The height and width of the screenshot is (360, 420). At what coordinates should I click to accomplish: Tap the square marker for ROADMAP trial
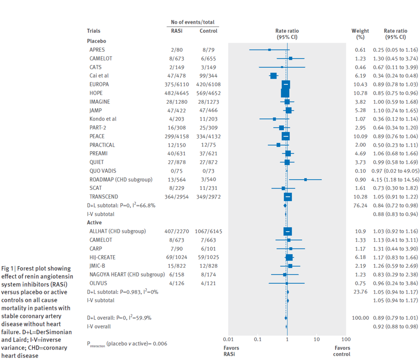pyautogui.click(x=306, y=180)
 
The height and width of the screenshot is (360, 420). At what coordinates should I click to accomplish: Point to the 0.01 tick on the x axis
pyautogui.click(x=228, y=339)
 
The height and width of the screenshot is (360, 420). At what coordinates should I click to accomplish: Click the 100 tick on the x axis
pyautogui.click(x=346, y=339)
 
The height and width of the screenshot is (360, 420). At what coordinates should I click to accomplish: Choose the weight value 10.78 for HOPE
pyautogui.click(x=360, y=93)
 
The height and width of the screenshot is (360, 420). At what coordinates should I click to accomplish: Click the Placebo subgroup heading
pyautogui.click(x=96, y=41)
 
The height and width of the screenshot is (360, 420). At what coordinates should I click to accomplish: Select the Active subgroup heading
pyautogui.click(x=94, y=223)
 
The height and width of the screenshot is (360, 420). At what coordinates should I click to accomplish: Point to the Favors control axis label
pyautogui.click(x=342, y=351)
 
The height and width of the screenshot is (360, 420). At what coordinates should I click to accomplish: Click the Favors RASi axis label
pyautogui.click(x=231, y=351)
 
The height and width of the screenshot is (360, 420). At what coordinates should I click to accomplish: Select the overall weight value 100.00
pyautogui.click(x=360, y=318)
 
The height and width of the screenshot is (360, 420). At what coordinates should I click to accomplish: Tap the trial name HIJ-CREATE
pyautogui.click(x=103, y=257)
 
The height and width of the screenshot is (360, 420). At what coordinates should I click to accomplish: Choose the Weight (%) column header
pyautogui.click(x=360, y=34)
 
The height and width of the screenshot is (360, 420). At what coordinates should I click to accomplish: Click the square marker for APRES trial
pyautogui.click(x=269, y=50)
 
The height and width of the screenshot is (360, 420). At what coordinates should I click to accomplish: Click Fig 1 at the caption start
pyautogui.click(x=7, y=269)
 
